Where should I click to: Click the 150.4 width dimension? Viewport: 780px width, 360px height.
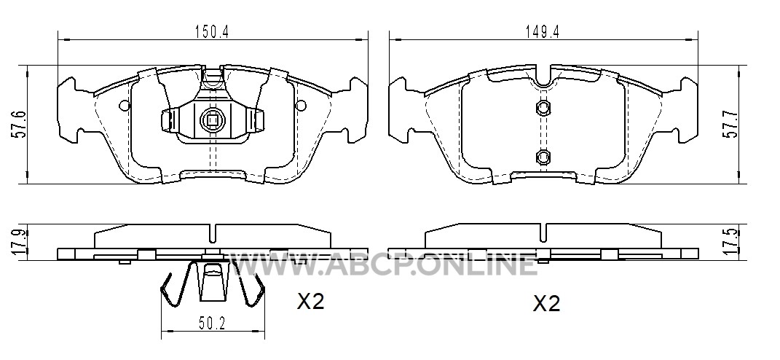[x=212, y=32]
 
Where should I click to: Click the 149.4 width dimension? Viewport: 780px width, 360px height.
[x=543, y=32]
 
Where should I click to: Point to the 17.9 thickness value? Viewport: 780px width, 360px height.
[x=18, y=243]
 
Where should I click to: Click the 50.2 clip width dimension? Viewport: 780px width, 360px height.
[x=213, y=324]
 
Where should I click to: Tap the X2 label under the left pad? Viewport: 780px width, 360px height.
[x=310, y=301]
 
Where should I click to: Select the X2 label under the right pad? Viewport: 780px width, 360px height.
[x=546, y=303]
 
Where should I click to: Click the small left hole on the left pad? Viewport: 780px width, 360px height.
[x=124, y=105]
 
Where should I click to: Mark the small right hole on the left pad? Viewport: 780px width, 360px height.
[x=301, y=105]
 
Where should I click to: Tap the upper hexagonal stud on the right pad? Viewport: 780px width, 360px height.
[x=543, y=108]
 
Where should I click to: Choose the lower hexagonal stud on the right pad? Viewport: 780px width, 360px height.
[x=543, y=157]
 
